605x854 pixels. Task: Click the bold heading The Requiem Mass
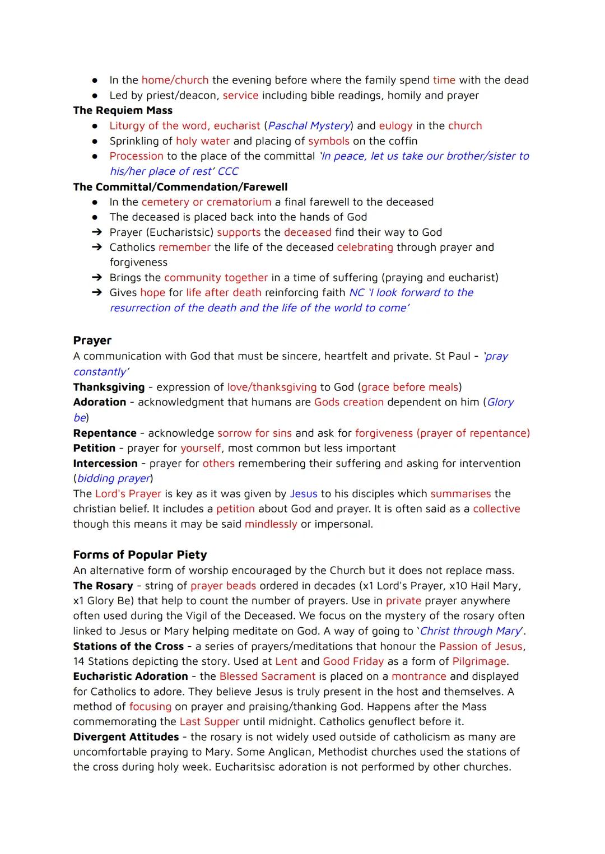point(123,110)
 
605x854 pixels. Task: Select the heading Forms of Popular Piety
point(140,554)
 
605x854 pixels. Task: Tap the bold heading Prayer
point(92,340)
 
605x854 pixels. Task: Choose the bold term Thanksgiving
point(109,387)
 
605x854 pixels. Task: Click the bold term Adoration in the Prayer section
point(100,402)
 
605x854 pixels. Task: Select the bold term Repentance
point(105,433)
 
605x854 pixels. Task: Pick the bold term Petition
point(94,448)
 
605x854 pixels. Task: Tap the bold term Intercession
point(105,463)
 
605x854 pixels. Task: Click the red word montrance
point(419,676)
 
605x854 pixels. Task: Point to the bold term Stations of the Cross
point(128,646)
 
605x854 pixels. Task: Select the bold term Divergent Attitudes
point(126,737)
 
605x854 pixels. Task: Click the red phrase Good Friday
point(353,661)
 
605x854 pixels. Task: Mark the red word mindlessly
point(271,524)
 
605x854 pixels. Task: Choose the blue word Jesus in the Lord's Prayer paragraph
point(304,493)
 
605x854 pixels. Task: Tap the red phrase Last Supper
point(210,721)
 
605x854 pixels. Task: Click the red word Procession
point(137,156)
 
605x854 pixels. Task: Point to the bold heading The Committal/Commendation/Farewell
point(180,186)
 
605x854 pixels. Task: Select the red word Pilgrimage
point(480,661)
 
